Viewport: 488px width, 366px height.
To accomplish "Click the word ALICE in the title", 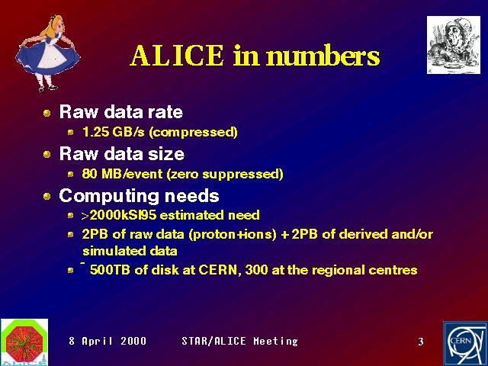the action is click(177, 56).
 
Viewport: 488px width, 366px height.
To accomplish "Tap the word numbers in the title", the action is click(323, 56).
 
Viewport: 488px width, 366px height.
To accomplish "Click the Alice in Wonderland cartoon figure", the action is click(47, 53).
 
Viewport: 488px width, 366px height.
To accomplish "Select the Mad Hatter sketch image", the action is click(454, 45).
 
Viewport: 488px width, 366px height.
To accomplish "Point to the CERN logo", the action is click(465, 344).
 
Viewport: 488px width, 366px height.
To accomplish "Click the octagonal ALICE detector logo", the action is click(24, 342).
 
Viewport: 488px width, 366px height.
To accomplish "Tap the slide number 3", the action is click(421, 342).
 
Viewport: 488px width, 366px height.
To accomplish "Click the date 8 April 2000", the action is click(108, 341).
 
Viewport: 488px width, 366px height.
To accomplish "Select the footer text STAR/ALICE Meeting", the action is click(239, 341).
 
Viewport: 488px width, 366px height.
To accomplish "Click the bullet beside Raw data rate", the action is click(47, 113).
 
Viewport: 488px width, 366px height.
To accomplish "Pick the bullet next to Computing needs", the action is click(47, 197).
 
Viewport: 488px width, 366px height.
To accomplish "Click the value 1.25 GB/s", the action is click(114, 132).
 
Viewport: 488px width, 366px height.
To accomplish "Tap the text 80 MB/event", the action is click(122, 174).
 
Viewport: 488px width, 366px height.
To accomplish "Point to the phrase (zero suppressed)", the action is click(225, 174).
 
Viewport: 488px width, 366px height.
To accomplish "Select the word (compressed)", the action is click(193, 132).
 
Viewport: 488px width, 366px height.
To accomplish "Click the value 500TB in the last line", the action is click(110, 270).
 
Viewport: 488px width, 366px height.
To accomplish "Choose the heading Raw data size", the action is click(122, 154).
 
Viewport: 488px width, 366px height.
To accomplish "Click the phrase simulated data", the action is click(130, 251).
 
